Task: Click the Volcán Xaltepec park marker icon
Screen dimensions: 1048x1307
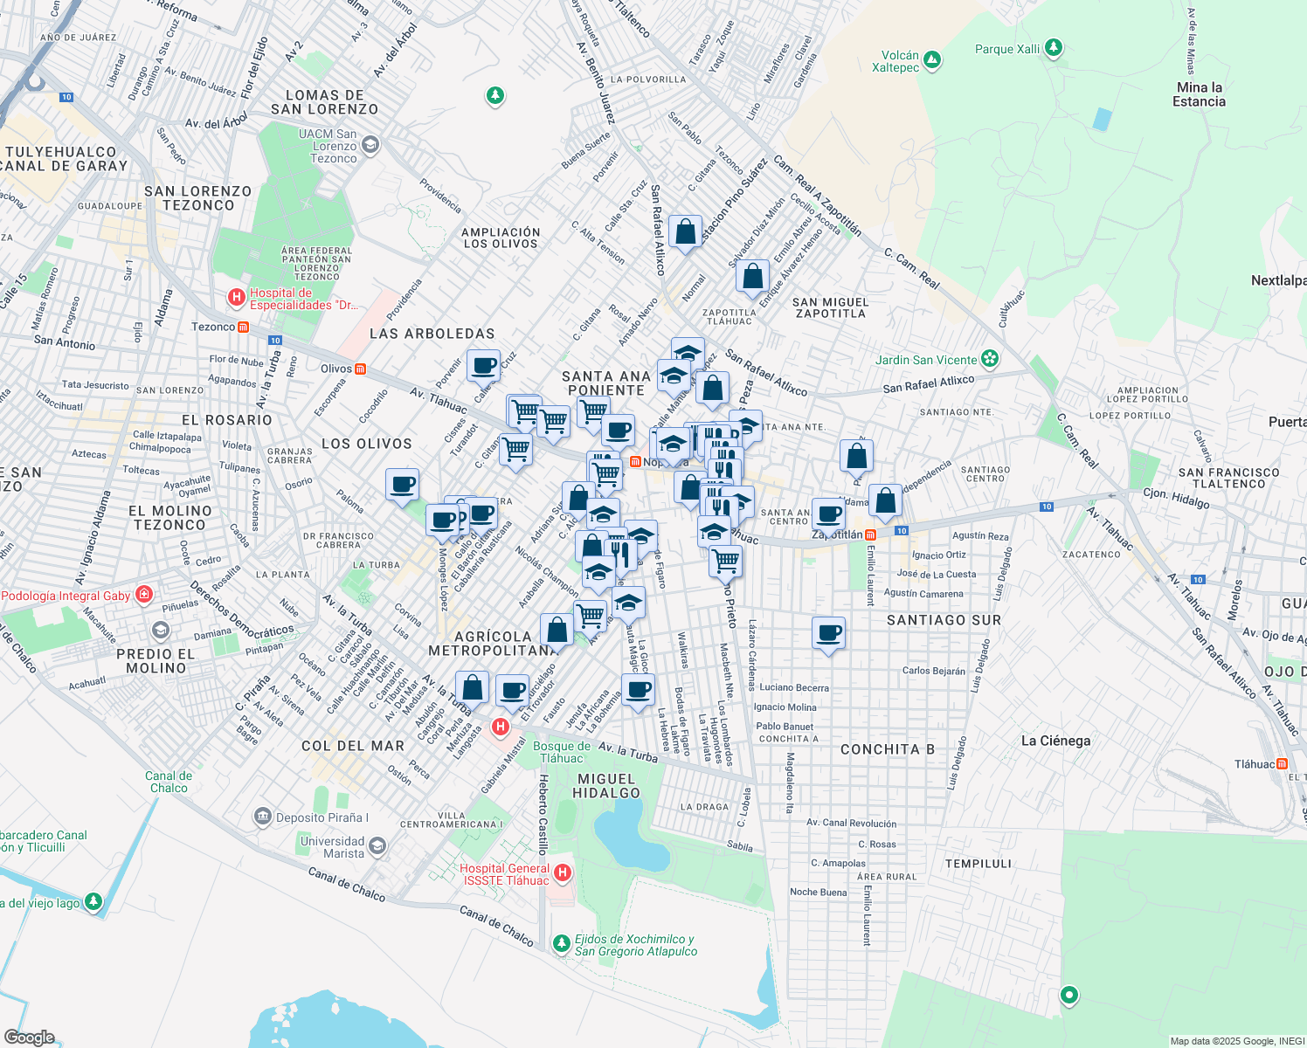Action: tap(932, 60)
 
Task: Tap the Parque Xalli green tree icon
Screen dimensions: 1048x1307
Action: tap(1054, 48)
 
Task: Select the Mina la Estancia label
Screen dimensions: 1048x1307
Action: tap(1199, 94)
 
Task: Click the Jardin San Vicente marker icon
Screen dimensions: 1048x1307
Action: tap(989, 359)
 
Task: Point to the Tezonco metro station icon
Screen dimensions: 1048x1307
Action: tap(244, 327)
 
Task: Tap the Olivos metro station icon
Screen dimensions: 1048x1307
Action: tap(360, 369)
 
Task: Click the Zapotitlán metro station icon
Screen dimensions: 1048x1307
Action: tap(870, 534)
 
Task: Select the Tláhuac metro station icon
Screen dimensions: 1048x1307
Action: tap(1282, 764)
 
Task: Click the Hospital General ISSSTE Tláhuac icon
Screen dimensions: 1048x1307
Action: tap(563, 872)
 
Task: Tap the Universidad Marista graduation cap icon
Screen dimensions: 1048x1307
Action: tap(377, 846)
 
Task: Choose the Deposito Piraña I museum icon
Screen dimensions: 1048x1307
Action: tap(262, 817)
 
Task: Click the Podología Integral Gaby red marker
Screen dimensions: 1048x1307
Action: tap(144, 596)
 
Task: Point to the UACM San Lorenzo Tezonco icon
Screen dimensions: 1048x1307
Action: tap(370, 145)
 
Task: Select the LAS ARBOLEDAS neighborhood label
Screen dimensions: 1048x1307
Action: tap(432, 334)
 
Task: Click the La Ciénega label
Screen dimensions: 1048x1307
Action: tap(1055, 741)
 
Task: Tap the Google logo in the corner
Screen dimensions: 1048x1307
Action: tap(29, 1037)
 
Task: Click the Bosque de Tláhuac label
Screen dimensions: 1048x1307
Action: tap(562, 752)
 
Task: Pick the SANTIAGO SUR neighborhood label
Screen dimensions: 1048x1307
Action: tap(944, 620)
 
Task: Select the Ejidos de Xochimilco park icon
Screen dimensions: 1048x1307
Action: tap(561, 943)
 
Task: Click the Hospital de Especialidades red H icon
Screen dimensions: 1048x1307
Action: tap(236, 298)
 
